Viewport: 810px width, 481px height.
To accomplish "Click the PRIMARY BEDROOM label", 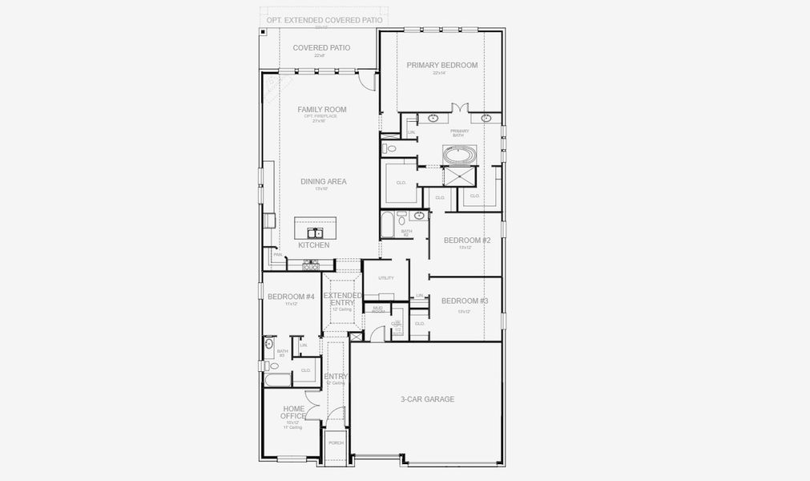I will (x=441, y=65).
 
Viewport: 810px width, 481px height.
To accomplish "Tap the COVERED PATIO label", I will (x=321, y=48).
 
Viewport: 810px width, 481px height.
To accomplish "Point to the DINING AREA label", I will (x=323, y=182).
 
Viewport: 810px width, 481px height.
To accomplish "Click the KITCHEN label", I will (x=313, y=245).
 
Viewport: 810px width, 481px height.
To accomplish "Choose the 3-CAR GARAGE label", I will (x=427, y=398).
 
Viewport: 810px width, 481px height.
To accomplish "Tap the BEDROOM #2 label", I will (x=466, y=240).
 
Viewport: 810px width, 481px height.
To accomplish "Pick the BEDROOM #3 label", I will (x=465, y=301).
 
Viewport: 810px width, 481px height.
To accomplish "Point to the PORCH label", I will (x=336, y=443).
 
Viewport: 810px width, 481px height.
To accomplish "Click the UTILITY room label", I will (x=386, y=278).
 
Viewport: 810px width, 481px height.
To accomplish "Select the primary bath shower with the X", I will (x=459, y=177).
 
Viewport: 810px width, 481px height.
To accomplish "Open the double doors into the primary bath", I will (x=459, y=108).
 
